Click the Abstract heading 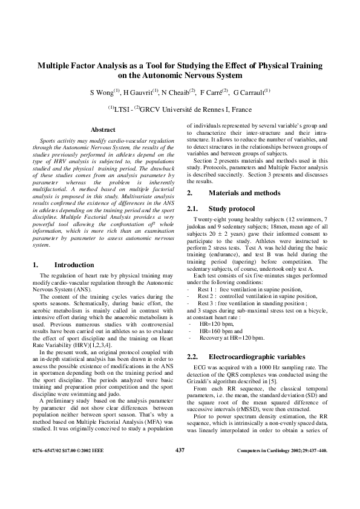[102, 129]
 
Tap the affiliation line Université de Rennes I [195, 109]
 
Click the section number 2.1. [194, 207]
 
